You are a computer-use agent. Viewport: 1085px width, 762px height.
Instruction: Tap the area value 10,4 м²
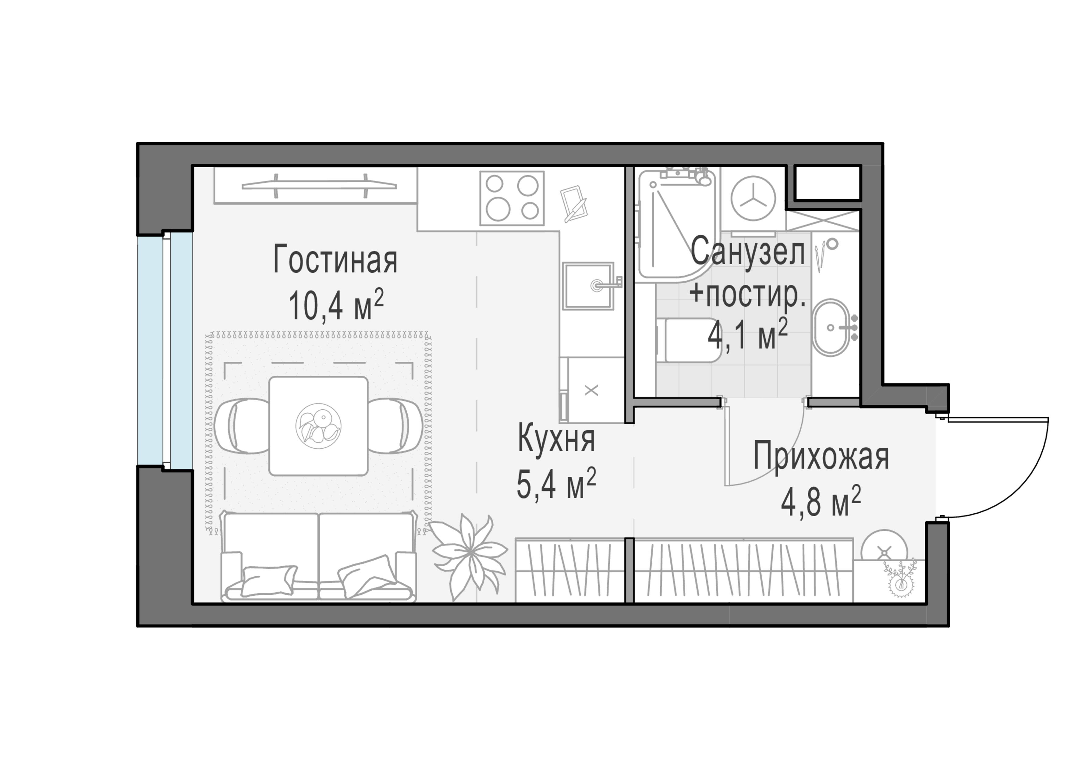tap(335, 305)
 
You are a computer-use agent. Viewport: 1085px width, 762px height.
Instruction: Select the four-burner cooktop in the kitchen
tap(512, 198)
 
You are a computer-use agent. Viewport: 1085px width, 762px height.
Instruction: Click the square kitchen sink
tap(588, 286)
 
